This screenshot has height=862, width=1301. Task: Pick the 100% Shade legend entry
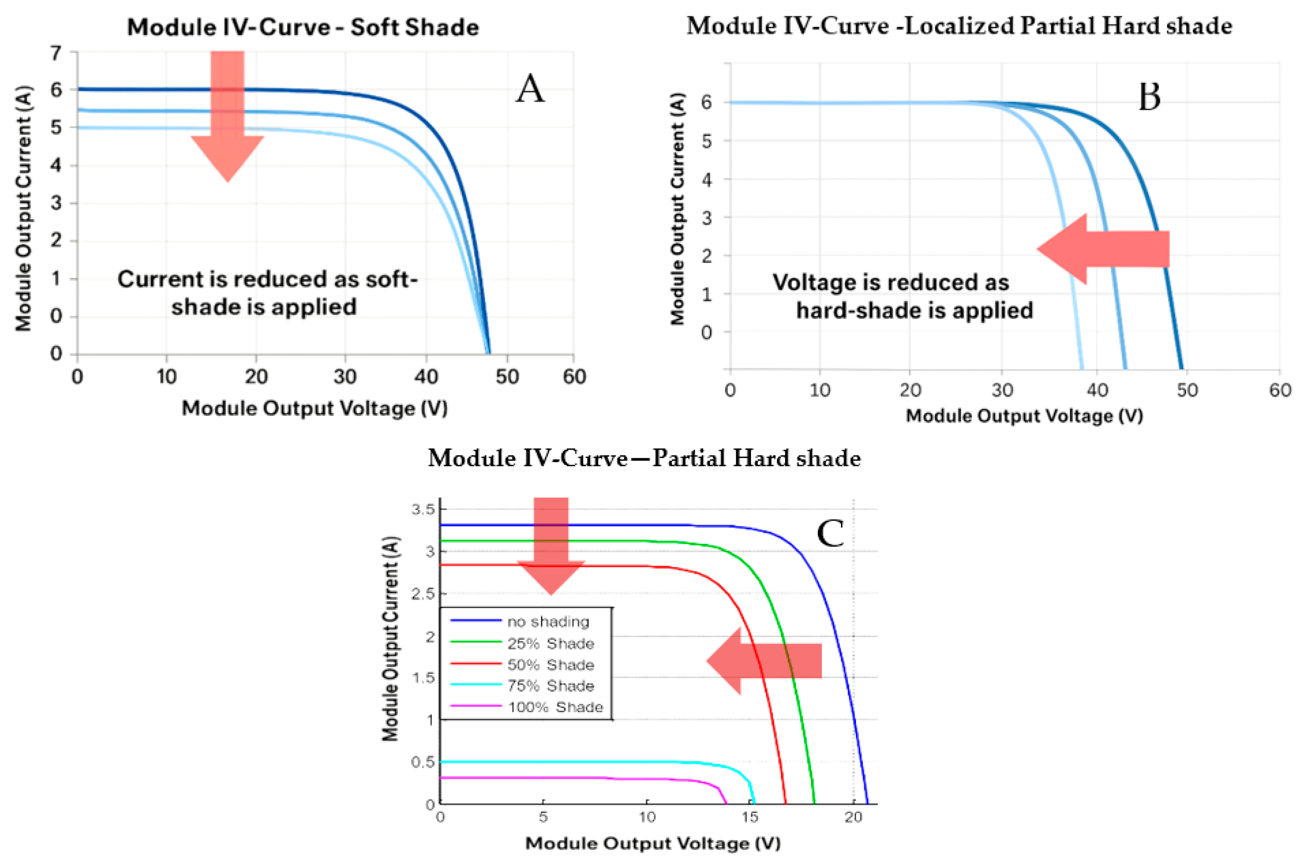[555, 707]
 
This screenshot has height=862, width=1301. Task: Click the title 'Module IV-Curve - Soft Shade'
[303, 27]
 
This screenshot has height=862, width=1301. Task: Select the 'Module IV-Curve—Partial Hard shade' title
[644, 458]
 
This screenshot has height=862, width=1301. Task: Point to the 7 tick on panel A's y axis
[56, 53]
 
